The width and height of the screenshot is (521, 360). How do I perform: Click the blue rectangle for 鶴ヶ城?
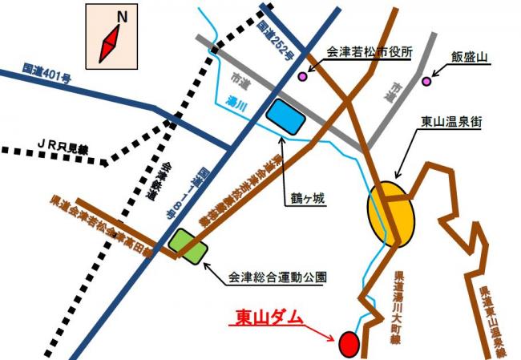(x=286, y=117)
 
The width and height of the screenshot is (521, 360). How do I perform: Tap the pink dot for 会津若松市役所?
(x=303, y=77)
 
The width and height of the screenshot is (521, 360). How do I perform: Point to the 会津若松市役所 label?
(x=370, y=51)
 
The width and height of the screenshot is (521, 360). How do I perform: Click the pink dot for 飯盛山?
(x=426, y=81)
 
